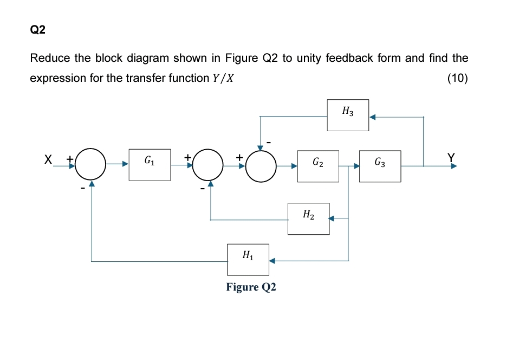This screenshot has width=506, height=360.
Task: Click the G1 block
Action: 150,165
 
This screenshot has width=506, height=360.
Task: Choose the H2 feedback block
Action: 308,218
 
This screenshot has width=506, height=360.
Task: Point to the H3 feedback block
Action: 348,115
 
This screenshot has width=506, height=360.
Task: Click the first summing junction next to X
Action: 91,165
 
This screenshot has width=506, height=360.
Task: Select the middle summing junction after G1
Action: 211,165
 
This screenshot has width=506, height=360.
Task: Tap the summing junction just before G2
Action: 261,165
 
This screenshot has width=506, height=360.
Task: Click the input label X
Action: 48,159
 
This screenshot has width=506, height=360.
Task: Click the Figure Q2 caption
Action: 251,287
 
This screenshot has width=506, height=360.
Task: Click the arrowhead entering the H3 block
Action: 373,116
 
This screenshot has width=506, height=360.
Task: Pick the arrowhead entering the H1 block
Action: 273,261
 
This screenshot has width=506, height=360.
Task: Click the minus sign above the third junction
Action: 267,143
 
